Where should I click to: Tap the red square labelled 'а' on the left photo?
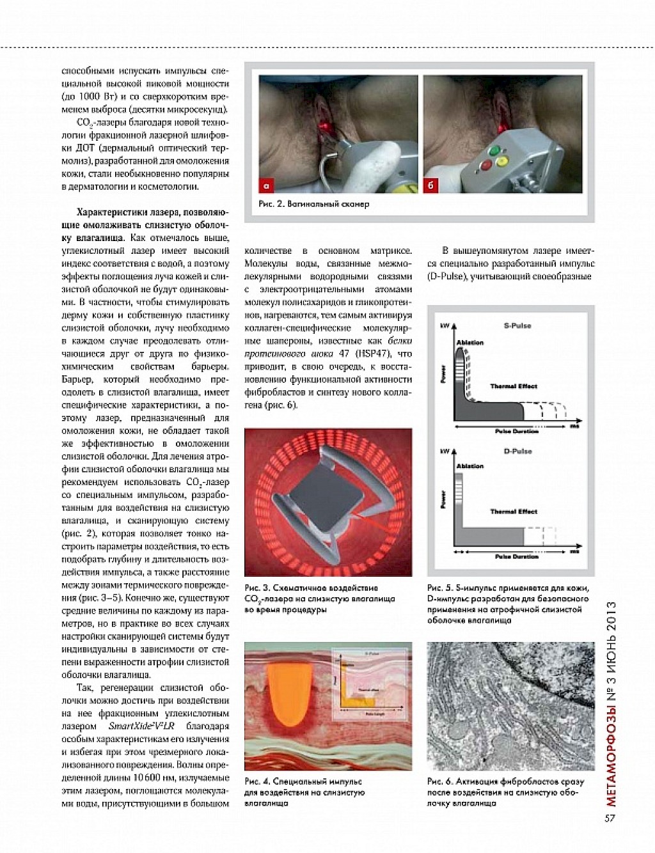267,185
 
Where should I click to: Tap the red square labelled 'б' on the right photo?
432,185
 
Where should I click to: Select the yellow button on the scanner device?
501,161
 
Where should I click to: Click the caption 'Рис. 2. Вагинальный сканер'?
314,205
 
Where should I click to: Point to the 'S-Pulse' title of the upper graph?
517,326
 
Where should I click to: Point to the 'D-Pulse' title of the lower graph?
517,451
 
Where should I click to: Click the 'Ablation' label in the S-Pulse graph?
470,343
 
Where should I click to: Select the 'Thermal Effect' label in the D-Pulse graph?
514,512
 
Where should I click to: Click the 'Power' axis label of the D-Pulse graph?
443,499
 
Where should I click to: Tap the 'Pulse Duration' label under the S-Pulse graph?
517,432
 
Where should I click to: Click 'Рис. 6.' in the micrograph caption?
439,781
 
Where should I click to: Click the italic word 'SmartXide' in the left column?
129,726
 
